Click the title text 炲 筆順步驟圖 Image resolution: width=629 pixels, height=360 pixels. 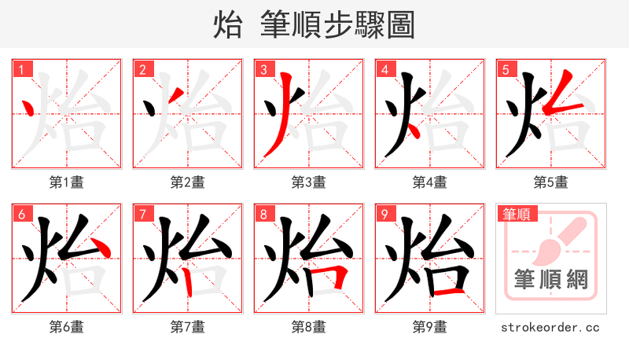(x=314, y=25)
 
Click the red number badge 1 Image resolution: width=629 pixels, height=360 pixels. (x=20, y=69)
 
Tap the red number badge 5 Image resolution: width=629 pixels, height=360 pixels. (x=505, y=69)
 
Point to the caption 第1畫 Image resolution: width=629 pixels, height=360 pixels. (x=66, y=182)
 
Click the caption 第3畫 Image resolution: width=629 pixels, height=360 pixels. (x=308, y=182)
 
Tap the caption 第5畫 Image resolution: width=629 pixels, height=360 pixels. (x=550, y=182)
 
